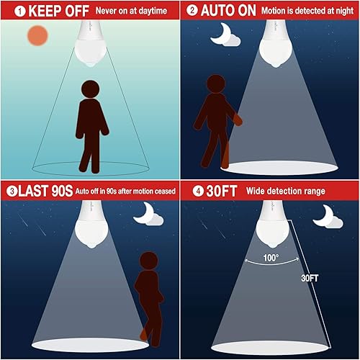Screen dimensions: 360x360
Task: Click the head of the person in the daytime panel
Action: click(90, 89)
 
